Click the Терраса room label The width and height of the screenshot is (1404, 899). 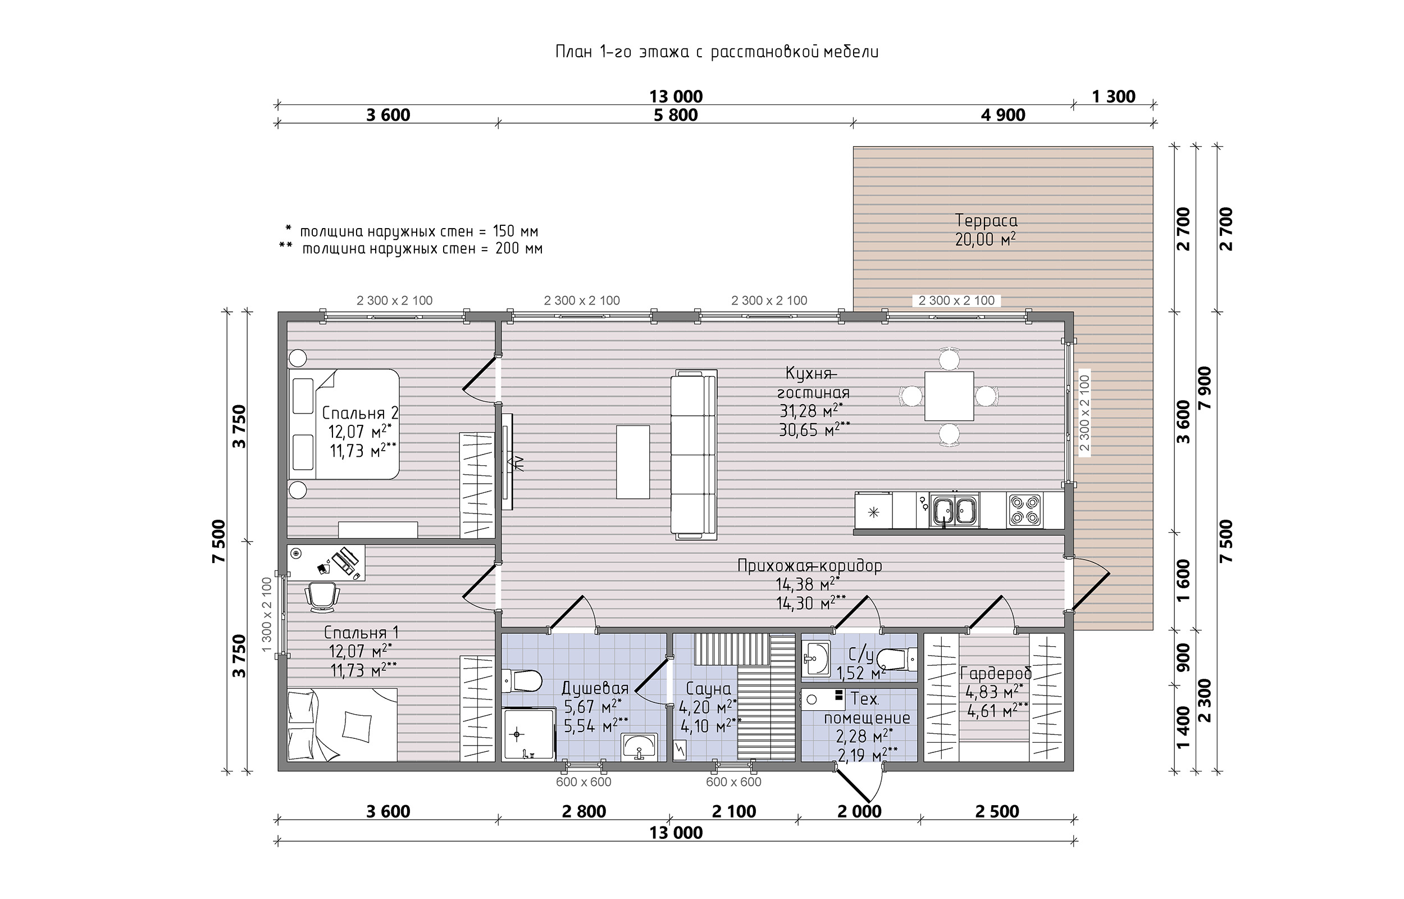point(986,221)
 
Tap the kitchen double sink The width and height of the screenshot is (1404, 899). point(955,510)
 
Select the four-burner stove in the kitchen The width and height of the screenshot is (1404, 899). point(1024,510)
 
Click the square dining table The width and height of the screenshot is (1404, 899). point(949,396)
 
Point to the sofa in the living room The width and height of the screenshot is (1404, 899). point(694,455)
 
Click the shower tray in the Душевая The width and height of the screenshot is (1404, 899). point(528,734)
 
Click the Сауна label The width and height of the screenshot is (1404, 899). point(708,689)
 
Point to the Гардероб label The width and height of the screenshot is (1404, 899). point(996,674)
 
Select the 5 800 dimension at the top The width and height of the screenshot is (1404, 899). point(676,115)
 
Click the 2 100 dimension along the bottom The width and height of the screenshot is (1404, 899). point(734,811)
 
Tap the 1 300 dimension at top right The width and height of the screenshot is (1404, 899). point(1114,96)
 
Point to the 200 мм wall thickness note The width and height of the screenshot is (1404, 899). point(519,249)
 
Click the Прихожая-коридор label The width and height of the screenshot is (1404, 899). point(810,566)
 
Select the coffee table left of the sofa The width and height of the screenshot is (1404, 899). point(633,462)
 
